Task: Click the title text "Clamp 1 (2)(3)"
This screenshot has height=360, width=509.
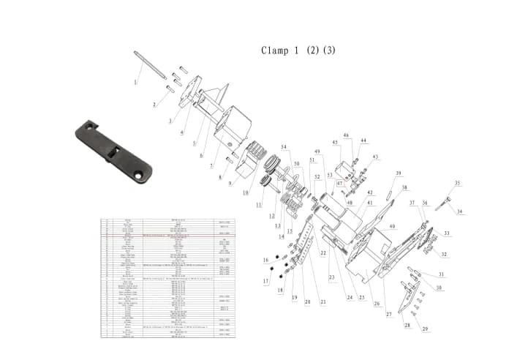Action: pos(298,50)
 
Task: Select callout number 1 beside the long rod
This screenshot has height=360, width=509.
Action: pos(135,82)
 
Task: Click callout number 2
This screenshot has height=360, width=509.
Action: pos(154,105)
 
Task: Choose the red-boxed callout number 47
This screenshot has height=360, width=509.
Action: pos(339,184)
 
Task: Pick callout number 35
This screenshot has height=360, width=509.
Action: pos(458,183)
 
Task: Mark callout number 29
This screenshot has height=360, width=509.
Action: pos(424,329)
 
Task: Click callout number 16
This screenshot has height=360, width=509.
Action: pos(265,260)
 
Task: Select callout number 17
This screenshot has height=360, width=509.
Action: pos(266,281)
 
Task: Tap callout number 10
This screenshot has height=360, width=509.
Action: pos(246,192)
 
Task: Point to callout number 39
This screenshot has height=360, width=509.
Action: pos(399,173)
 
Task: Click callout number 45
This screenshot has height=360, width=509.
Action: pos(336,143)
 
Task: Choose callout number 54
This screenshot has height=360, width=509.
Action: pos(284,147)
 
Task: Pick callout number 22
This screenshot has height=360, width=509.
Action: pos(323,252)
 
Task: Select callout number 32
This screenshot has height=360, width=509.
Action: pos(444,255)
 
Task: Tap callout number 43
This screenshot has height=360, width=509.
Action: pos(376,157)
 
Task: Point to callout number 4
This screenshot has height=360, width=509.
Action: pos(182,132)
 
